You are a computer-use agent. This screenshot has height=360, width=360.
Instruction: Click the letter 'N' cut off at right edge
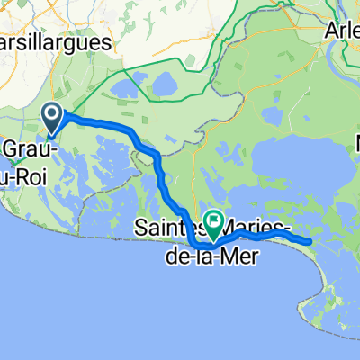pyautogui.click(x=355, y=143)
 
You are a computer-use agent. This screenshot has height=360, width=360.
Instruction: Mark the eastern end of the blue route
pyautogui.click(x=310, y=241)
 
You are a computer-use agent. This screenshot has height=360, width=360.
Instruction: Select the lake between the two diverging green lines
pyautogui.click(x=166, y=85)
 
